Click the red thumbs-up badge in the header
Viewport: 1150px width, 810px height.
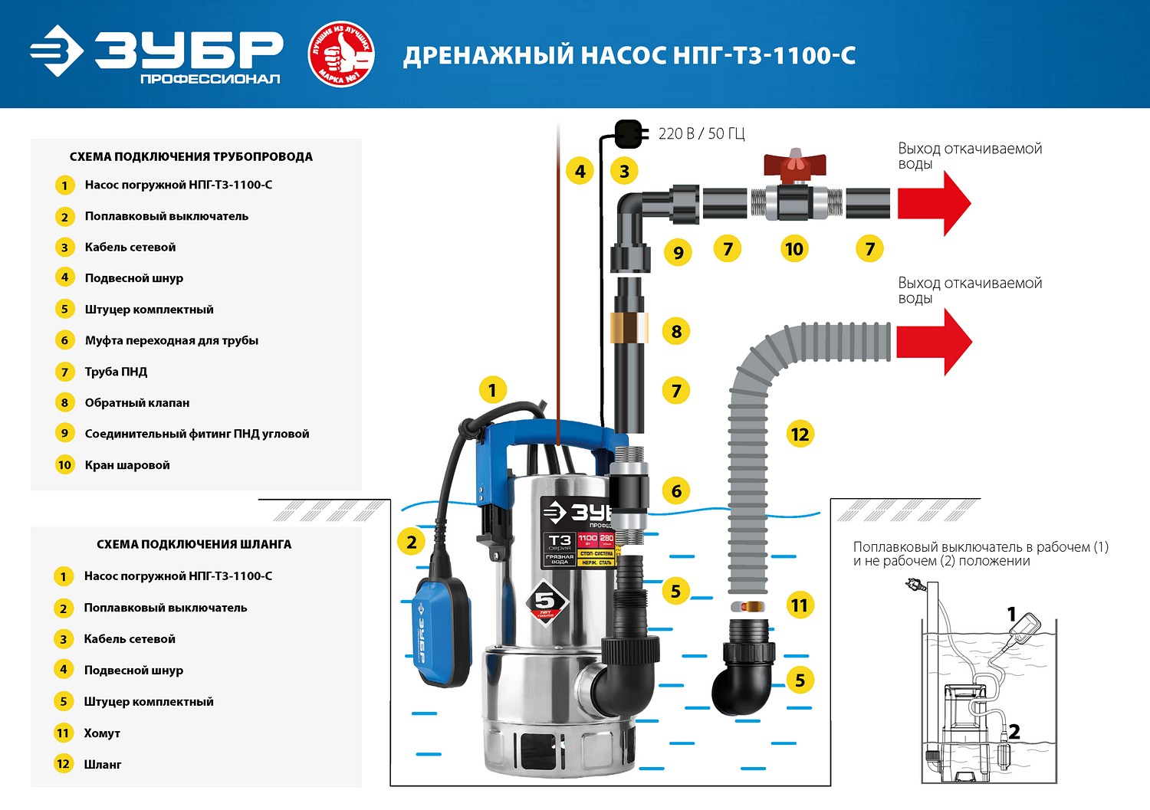click(340, 54)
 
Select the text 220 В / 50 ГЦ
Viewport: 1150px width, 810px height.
click(701, 134)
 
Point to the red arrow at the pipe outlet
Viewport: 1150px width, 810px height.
click(934, 203)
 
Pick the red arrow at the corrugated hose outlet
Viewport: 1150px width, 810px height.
click(934, 342)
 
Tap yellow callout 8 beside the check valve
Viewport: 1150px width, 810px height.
click(676, 331)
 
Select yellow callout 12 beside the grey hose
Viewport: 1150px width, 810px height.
click(800, 435)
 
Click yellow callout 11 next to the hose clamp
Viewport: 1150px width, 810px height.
click(799, 605)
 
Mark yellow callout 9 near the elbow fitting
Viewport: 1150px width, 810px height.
click(678, 252)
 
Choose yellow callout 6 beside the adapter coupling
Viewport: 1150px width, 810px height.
click(676, 490)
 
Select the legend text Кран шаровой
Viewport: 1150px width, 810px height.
click(127, 465)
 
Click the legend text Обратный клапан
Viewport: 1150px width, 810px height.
click(136, 403)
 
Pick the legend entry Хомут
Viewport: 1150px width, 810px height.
click(102, 733)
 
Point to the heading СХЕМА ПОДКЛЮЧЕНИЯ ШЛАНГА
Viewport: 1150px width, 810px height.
click(194, 544)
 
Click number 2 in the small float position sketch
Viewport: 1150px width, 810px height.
click(1014, 732)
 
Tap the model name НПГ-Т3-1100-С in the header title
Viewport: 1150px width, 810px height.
click(764, 56)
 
